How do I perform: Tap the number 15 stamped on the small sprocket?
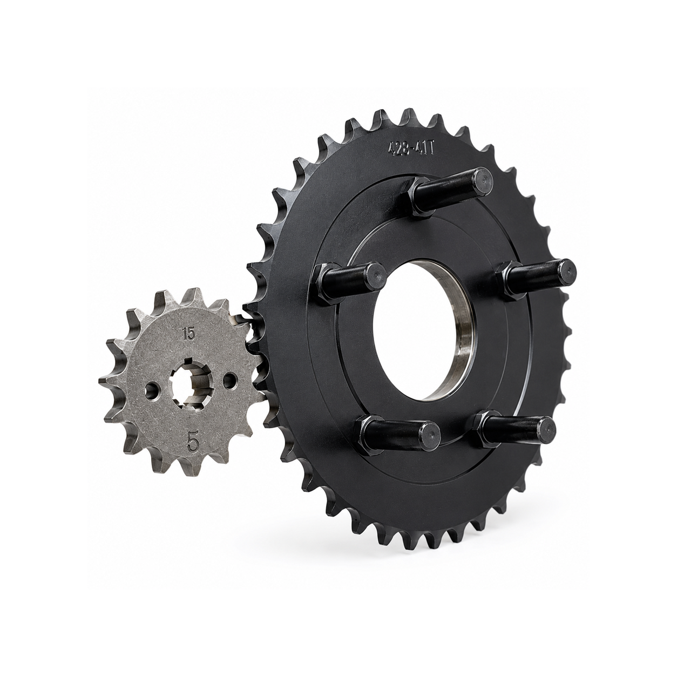pyautogui.click(x=188, y=334)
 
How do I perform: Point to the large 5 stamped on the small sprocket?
pyautogui.click(x=193, y=443)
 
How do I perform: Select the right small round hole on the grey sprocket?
pyautogui.click(x=229, y=381)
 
